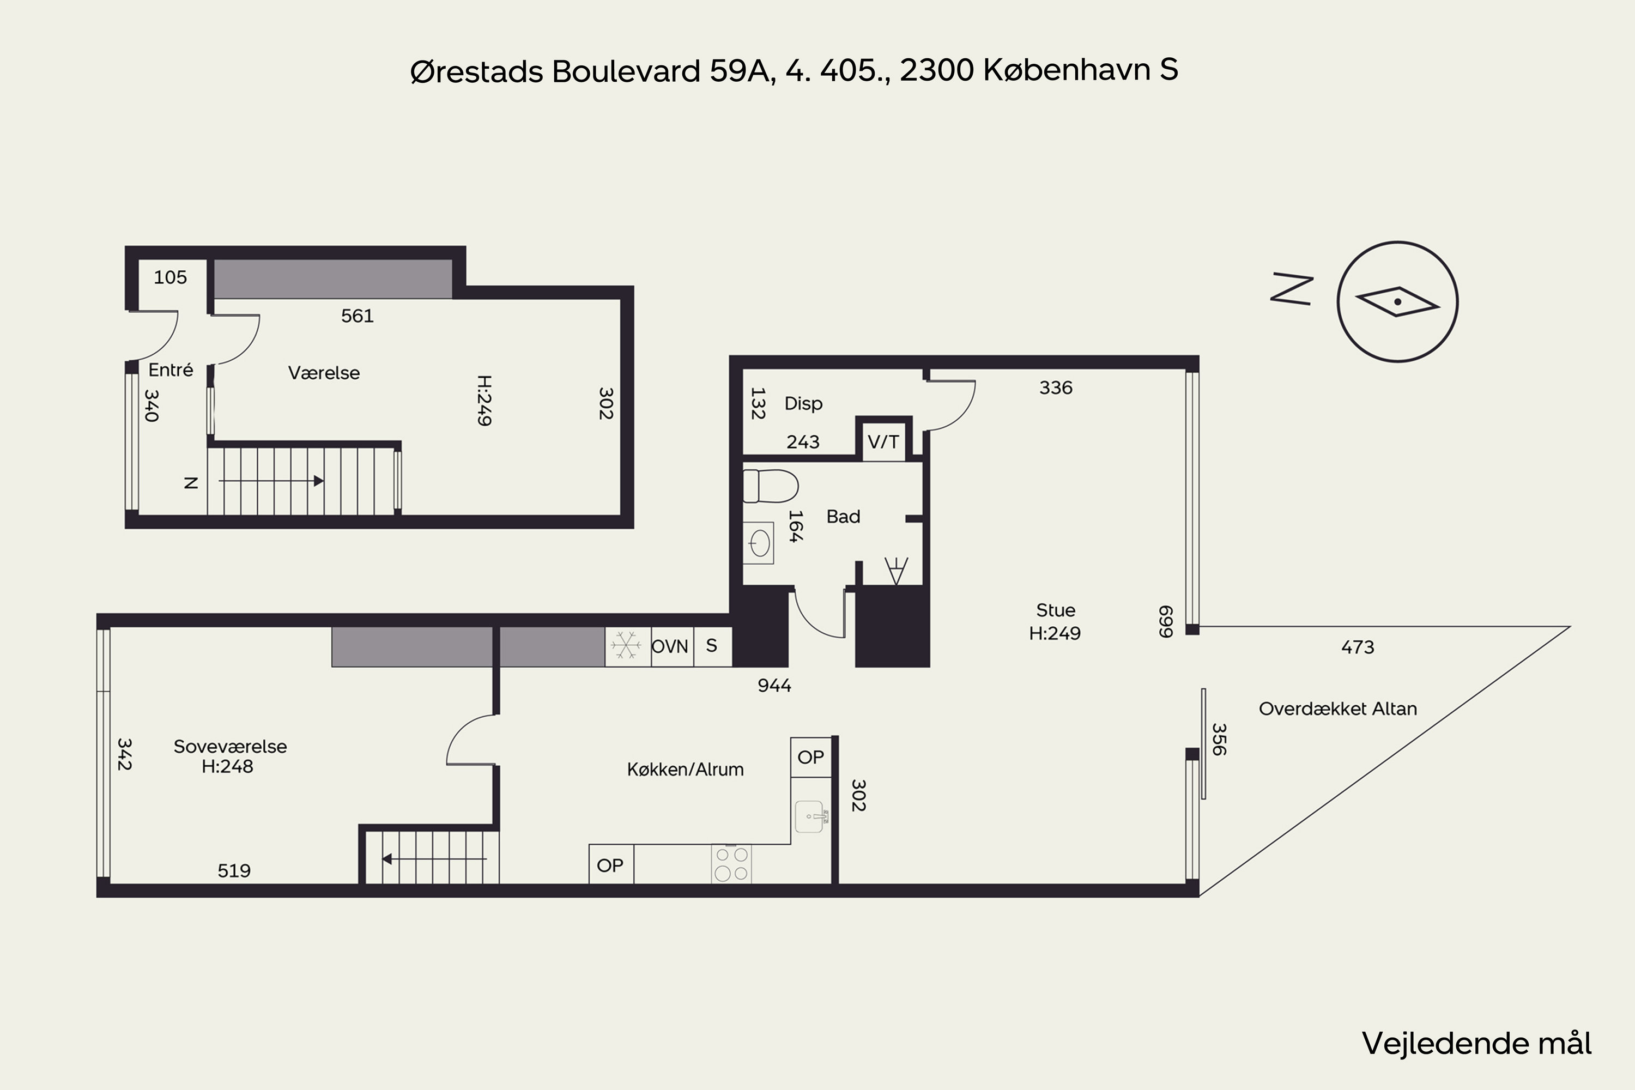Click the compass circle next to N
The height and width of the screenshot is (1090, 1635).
1397,302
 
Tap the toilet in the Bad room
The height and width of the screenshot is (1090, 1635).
770,486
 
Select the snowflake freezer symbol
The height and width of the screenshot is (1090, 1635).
626,646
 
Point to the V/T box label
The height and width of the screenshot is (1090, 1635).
883,441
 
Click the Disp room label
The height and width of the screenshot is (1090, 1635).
803,403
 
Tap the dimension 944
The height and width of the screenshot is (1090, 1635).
774,686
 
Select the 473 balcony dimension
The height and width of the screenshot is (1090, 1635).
1358,647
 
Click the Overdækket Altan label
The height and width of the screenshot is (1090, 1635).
1337,709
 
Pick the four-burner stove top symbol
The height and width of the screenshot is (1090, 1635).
731,864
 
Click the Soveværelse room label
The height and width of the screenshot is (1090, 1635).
230,747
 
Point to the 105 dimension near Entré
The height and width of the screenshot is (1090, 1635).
170,277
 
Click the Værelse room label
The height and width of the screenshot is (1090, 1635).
324,373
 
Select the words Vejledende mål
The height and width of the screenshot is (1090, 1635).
1476,1044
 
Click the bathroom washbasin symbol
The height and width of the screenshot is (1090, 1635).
759,543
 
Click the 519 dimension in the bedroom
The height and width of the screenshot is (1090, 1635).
234,870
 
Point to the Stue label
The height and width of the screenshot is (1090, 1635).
1055,610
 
